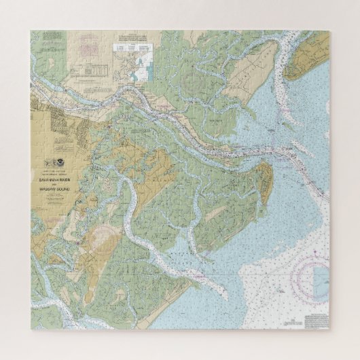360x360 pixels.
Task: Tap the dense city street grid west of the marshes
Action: [x=48, y=126]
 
